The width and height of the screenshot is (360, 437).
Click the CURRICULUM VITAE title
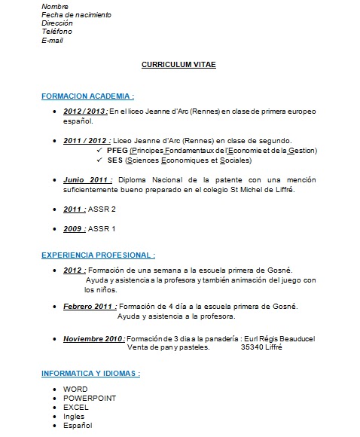178,65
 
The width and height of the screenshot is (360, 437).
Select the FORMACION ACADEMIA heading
88,96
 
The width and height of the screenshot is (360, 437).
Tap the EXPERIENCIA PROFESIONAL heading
98,255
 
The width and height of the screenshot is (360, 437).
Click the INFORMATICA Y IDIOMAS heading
90,374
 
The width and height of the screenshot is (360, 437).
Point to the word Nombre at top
55,7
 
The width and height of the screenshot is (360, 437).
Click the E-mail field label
53,40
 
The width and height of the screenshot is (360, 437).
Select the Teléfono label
57,32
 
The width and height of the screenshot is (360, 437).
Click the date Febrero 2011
90,306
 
